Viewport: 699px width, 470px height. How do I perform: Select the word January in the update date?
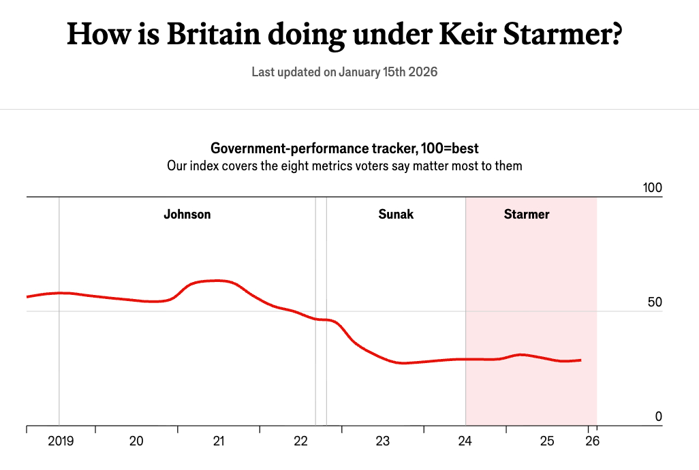coord(360,72)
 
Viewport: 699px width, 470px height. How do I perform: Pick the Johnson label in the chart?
coord(187,215)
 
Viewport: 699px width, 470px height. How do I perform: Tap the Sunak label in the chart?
coord(396,215)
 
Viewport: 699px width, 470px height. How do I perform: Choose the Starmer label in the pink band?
coord(527,215)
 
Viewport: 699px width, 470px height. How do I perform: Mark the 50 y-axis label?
coord(655,302)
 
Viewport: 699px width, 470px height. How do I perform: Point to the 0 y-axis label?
coord(659,417)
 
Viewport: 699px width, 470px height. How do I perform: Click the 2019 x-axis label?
coord(61,441)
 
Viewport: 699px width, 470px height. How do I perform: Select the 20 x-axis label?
coord(136,441)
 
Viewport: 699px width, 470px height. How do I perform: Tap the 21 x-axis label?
coord(219,441)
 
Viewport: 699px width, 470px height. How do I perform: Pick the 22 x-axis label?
coord(300,441)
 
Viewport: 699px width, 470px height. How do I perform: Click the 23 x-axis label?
coord(383,441)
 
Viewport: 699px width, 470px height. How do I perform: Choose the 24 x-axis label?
coord(465,441)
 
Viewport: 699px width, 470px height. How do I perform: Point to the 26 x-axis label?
coord(592,441)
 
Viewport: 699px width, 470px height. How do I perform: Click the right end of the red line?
coord(580,360)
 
